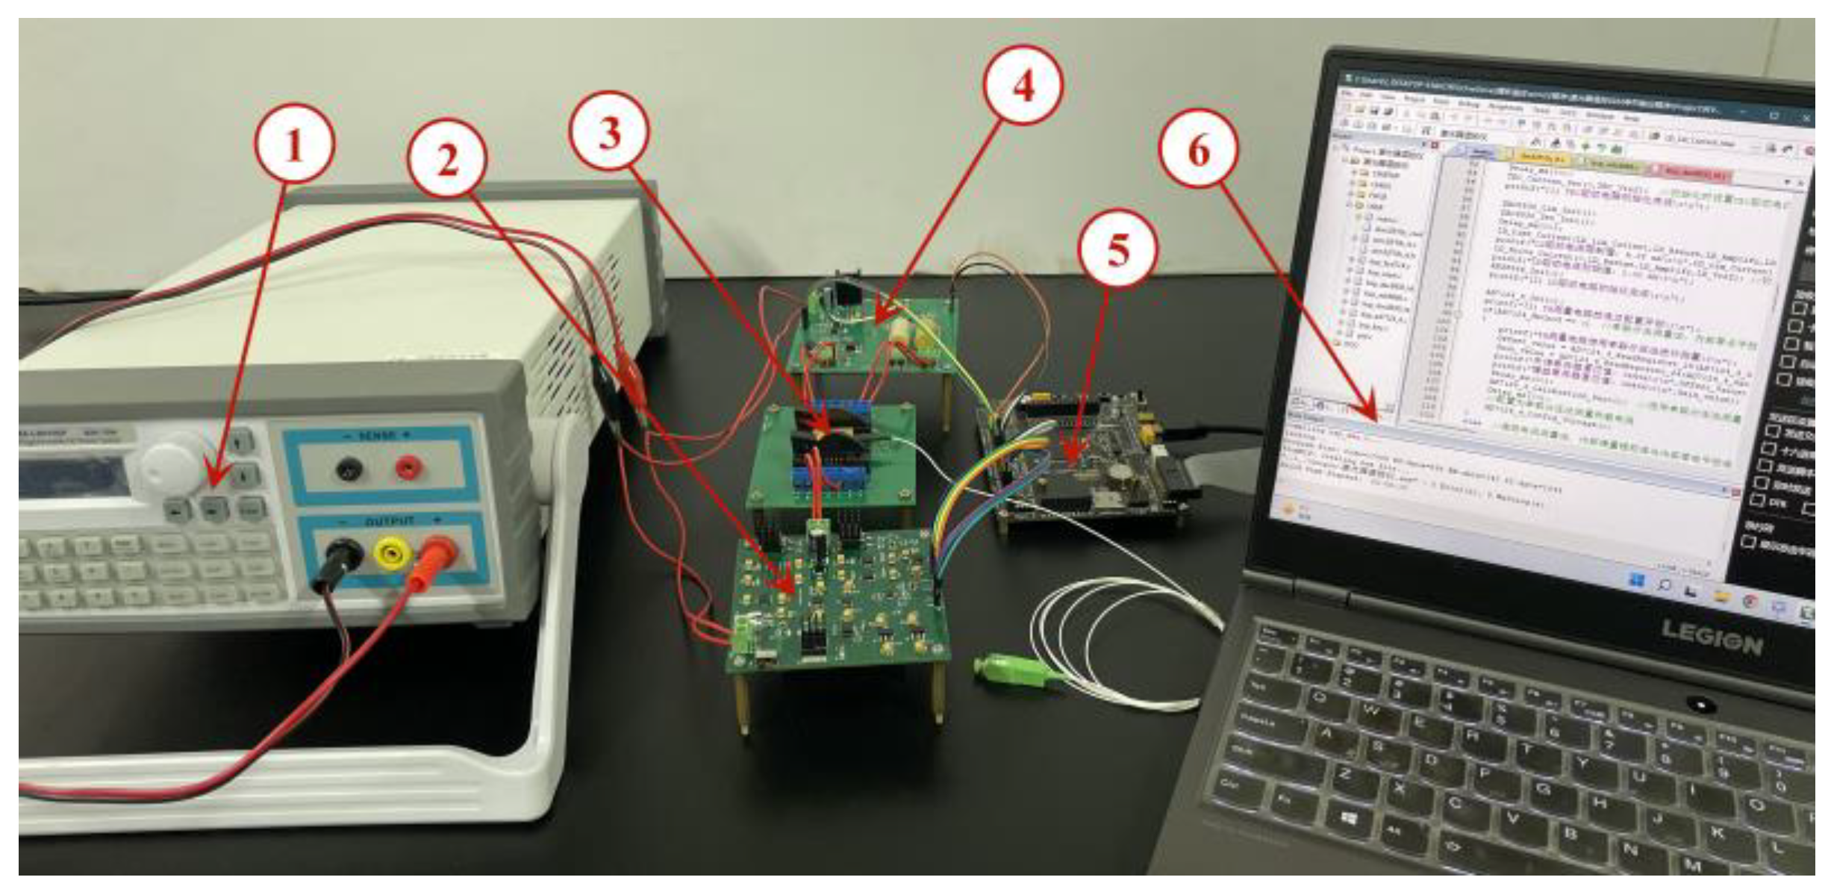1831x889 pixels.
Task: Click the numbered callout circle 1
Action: (x=294, y=144)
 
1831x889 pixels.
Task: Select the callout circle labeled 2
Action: (x=447, y=159)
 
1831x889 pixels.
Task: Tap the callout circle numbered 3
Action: (x=610, y=132)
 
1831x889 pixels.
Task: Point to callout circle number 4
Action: (x=1023, y=87)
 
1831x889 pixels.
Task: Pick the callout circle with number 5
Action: (x=1117, y=249)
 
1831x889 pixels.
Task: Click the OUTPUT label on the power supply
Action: (x=389, y=521)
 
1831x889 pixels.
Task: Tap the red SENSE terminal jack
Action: (x=408, y=468)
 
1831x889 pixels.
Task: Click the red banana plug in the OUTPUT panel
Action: (x=440, y=552)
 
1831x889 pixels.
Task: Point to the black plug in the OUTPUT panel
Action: (x=344, y=556)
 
